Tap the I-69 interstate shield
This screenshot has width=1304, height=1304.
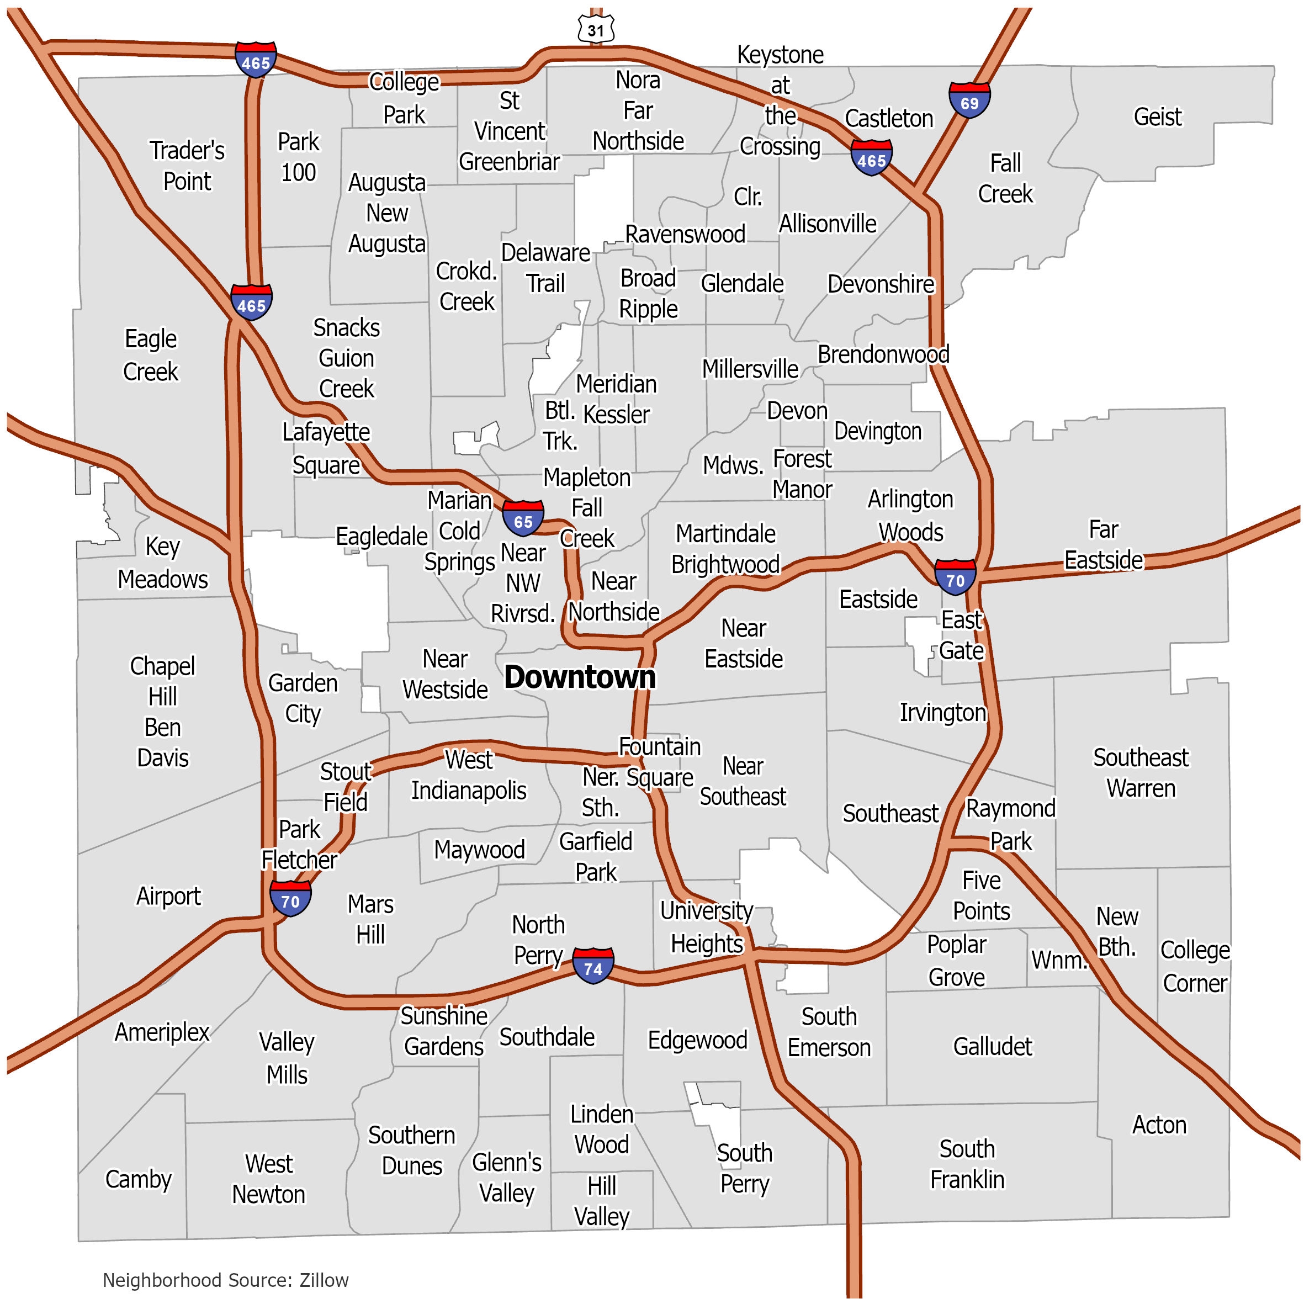pos(969,100)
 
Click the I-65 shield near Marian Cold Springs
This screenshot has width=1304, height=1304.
pos(523,519)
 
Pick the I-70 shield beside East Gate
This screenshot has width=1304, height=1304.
pos(955,578)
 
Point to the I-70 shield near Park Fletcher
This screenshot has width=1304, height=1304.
pos(290,899)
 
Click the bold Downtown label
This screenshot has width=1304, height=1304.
pos(580,677)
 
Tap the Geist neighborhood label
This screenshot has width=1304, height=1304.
pos(1158,117)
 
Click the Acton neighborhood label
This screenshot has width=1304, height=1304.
pos(1159,1125)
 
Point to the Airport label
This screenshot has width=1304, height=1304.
pos(169,895)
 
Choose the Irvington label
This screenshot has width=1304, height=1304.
pos(942,712)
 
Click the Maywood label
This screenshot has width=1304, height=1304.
pos(479,849)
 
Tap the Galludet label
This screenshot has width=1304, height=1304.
pos(992,1046)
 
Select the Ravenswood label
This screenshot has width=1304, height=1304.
pos(685,234)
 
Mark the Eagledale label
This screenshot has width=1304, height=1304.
pos(382,537)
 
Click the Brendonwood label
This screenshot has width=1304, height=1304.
pos(883,354)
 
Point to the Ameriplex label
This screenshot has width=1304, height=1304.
pos(162,1031)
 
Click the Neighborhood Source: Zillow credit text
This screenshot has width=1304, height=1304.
pos(225,1280)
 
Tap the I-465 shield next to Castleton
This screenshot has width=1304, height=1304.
pos(871,158)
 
